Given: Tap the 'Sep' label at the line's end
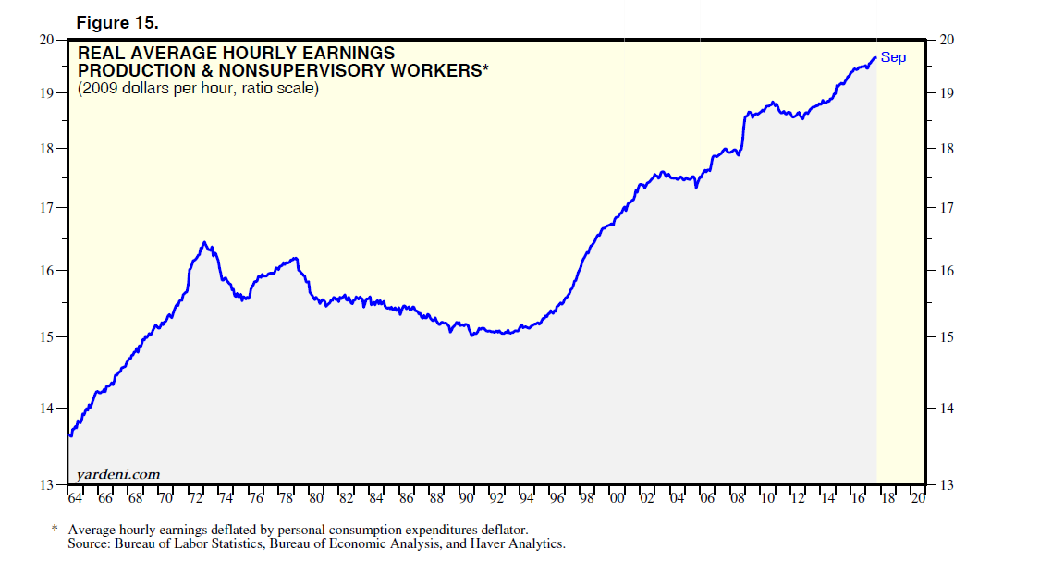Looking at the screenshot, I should click(x=893, y=57).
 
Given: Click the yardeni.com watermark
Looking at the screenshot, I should click(x=118, y=474).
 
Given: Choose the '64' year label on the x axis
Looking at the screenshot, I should click(x=76, y=499).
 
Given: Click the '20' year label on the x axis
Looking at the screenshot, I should click(x=917, y=499).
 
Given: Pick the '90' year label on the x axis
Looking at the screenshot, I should click(x=467, y=499).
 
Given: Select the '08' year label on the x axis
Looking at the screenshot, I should click(x=737, y=499).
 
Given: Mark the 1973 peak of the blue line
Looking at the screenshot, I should click(x=204, y=243).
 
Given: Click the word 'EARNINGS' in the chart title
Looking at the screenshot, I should click(x=348, y=54).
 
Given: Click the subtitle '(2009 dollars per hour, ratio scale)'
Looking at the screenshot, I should click(x=198, y=89).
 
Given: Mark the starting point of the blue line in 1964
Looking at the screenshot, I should click(x=69, y=435).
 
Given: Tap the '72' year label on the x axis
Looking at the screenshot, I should click(x=196, y=499).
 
